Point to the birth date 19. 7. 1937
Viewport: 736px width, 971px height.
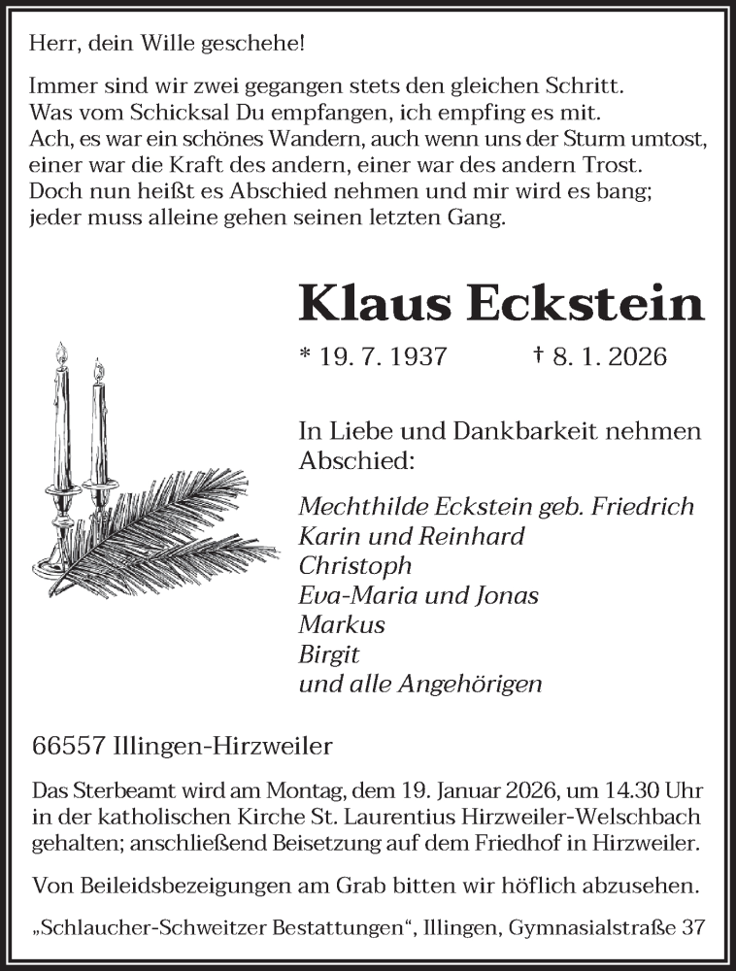(x=373, y=356)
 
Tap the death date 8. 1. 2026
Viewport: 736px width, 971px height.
(x=601, y=356)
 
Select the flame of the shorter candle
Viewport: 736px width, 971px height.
(x=98, y=370)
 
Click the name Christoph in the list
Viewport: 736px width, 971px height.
(x=355, y=565)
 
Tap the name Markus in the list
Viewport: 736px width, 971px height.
(x=343, y=624)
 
